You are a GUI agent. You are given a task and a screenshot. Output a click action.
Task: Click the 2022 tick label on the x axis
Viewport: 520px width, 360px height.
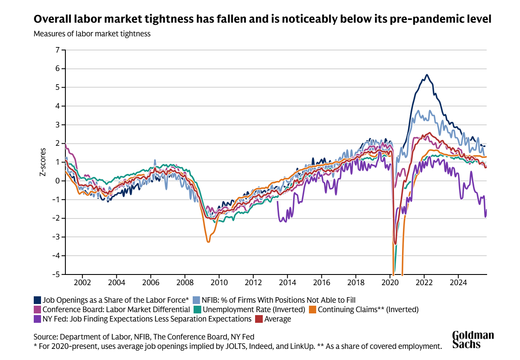click(x=424, y=283)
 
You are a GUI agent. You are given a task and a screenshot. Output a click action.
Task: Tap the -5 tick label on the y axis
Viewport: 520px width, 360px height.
click(x=56, y=274)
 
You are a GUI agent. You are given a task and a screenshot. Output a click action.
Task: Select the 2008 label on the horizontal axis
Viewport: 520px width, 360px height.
click(x=185, y=283)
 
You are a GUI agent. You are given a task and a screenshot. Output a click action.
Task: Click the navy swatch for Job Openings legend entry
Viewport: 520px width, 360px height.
click(x=37, y=300)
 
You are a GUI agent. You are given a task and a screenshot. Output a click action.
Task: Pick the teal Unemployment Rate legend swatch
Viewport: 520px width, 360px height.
click(x=197, y=309)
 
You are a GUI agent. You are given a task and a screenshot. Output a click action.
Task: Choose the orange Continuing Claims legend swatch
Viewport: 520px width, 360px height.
click(x=312, y=309)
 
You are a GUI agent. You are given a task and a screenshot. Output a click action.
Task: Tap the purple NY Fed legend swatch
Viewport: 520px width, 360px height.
click(x=37, y=319)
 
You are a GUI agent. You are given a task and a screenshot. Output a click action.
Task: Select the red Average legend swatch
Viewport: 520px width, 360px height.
click(x=259, y=319)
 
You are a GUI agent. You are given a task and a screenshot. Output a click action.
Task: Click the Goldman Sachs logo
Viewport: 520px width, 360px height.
click(x=473, y=339)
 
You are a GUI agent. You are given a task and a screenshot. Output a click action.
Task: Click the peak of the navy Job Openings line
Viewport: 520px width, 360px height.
click(x=426, y=75)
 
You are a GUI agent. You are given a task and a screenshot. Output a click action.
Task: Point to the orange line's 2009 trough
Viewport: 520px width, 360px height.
click(x=208, y=242)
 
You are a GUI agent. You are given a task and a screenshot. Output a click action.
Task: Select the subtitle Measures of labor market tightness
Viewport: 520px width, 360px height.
click(x=92, y=34)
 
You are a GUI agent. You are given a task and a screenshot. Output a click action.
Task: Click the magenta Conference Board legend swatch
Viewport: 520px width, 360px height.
click(x=37, y=309)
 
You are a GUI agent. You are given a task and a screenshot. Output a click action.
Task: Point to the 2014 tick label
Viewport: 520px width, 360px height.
click(x=288, y=283)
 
